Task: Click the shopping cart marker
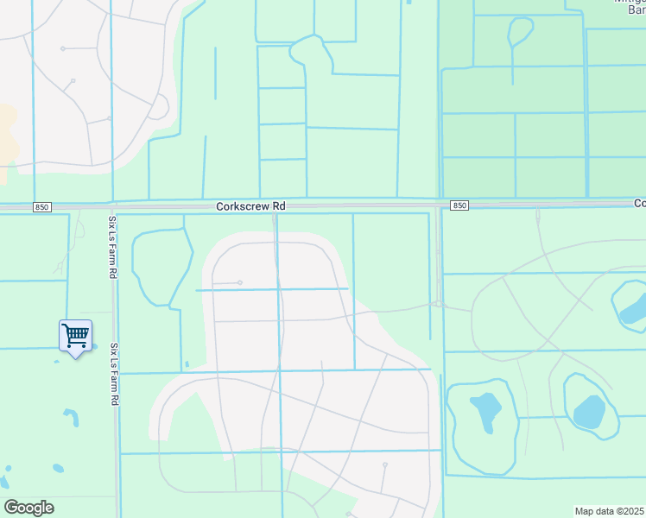[75, 337]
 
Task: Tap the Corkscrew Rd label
[250, 206]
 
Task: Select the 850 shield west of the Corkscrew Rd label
[41, 206]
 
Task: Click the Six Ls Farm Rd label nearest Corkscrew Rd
[112, 246]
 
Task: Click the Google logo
[28, 508]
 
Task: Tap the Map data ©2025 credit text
[610, 511]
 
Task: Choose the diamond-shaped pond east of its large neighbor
[590, 412]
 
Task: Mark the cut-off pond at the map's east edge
[634, 305]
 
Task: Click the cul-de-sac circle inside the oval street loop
[240, 282]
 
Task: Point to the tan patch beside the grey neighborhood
[7, 138]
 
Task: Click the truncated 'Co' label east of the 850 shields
[639, 204]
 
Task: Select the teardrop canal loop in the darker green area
[520, 32]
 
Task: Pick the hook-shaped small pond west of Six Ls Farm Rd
[72, 418]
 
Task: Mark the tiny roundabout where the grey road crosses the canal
[439, 304]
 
